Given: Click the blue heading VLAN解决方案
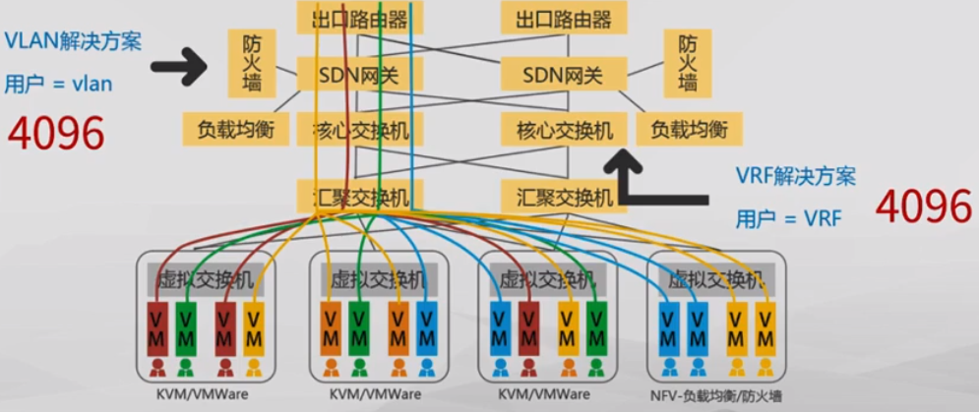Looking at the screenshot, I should coord(73,42).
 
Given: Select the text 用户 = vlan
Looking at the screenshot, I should coord(58,85).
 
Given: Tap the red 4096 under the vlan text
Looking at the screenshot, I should coord(57,134).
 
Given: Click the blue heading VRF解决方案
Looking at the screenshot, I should coord(795,177).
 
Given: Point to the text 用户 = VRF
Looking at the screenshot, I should coord(788,218).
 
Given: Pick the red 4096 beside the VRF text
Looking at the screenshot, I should coord(923,206).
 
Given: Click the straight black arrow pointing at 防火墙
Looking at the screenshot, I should coord(181,67).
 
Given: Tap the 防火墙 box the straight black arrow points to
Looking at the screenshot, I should coord(251,63).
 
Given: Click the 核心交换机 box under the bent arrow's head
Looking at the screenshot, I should coord(557,129).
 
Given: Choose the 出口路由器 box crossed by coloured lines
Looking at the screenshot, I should coord(359,18).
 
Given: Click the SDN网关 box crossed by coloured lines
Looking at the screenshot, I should coord(359,75).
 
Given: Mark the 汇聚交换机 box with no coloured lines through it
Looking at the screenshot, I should coord(557,196).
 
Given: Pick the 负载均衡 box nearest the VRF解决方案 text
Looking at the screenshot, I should coord(689,129).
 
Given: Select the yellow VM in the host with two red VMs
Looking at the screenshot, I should coord(255,330).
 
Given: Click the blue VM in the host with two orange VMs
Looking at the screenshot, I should coord(426,330).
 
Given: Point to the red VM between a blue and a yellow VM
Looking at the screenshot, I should coord(529,330).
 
